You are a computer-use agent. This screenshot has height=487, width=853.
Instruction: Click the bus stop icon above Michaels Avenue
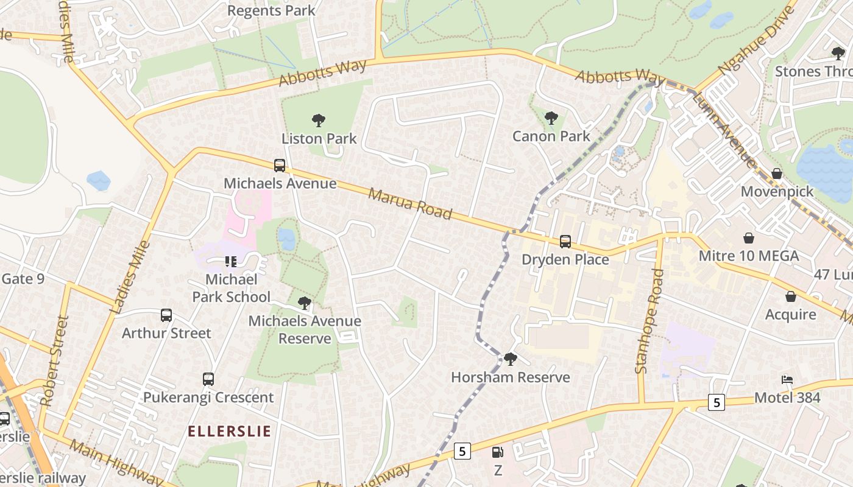pos(280,165)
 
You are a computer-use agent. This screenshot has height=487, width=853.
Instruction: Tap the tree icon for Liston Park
pos(318,121)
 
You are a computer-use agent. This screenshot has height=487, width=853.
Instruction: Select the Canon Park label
pos(551,136)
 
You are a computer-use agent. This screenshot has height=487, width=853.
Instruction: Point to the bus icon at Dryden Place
pos(565,242)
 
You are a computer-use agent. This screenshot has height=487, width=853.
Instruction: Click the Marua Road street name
pos(410,203)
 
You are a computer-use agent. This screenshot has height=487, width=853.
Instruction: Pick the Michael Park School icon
pos(230,262)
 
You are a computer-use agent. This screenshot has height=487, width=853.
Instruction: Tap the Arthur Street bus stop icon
pos(166,315)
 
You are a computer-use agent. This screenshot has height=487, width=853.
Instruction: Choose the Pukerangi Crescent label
pos(208,398)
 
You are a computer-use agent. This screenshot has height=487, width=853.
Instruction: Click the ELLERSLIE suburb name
pos(229,432)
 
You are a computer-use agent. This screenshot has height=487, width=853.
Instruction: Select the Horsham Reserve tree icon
pos(511,359)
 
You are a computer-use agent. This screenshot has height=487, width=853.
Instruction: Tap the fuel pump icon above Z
pos(498,452)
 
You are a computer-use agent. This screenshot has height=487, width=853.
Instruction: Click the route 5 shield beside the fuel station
pos(462,451)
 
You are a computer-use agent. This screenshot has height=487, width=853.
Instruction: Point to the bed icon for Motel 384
pos(787,380)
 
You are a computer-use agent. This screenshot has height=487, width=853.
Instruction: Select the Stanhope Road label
pos(649,321)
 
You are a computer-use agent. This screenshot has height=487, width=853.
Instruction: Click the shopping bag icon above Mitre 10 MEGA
pos(749,238)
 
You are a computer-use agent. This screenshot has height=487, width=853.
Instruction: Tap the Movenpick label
pos(777,192)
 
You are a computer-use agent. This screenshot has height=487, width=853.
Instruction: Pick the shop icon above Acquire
pos(790,296)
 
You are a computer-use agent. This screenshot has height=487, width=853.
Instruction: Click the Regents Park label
pos(271,10)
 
